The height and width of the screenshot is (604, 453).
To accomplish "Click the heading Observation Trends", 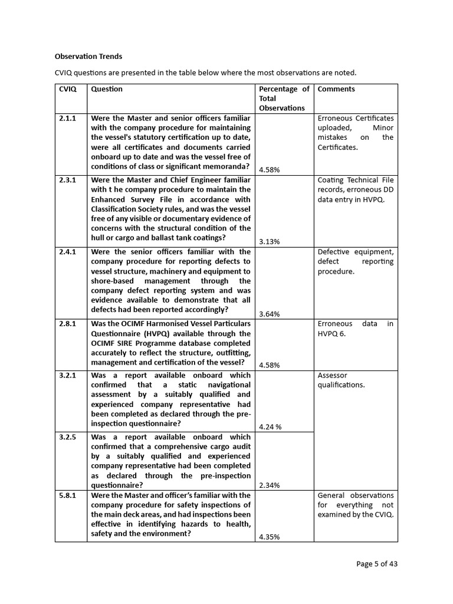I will (x=88, y=57).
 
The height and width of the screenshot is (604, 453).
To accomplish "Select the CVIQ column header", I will (x=68, y=89).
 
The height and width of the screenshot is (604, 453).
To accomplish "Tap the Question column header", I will (x=107, y=89).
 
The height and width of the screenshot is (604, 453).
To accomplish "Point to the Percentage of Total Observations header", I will (x=284, y=99).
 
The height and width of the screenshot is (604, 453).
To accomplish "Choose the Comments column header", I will (x=336, y=89).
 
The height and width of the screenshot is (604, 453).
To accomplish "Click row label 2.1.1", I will (x=68, y=119).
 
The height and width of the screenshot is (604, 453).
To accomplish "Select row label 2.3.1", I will (x=68, y=180).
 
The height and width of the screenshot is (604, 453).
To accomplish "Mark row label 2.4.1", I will (x=68, y=252).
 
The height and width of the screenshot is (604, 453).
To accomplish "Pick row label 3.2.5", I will (x=68, y=437).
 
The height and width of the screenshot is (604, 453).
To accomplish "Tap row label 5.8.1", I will (x=68, y=495).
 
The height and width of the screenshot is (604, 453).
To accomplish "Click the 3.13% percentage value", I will (x=269, y=242).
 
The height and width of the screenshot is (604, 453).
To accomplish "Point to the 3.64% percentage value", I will (x=269, y=314).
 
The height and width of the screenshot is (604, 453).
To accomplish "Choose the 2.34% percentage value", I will (x=269, y=485).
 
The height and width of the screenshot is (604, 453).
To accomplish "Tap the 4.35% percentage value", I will (x=269, y=537).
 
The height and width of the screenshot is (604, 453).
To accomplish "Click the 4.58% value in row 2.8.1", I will (x=269, y=365).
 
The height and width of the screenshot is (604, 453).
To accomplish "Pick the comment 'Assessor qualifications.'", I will (x=341, y=380).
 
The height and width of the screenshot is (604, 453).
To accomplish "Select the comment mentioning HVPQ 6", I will (x=355, y=329).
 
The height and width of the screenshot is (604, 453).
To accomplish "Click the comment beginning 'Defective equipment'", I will (x=355, y=261).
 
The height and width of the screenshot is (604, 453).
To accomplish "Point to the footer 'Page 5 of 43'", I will (x=377, y=564).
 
